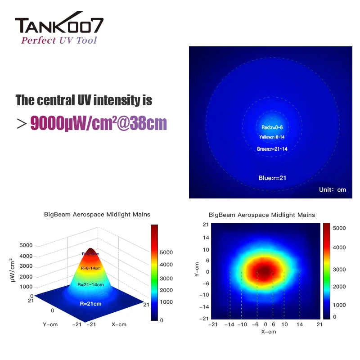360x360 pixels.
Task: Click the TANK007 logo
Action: (x=59, y=26)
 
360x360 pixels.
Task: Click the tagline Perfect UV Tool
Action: (x=59, y=40)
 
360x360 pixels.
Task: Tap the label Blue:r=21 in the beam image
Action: (x=272, y=178)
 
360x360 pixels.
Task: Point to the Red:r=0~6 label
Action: (x=272, y=127)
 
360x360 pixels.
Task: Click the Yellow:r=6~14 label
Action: (x=272, y=137)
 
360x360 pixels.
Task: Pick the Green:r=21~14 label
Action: (x=272, y=149)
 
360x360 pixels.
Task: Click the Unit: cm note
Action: (x=333, y=189)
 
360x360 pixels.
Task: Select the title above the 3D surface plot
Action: (x=97, y=215)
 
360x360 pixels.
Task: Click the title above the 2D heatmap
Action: (x=262, y=215)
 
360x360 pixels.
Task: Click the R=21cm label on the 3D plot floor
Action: (x=90, y=304)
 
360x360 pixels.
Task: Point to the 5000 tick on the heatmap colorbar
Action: (x=339, y=228)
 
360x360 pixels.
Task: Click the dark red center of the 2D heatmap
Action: (x=265, y=271)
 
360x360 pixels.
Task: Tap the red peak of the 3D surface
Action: (x=91, y=252)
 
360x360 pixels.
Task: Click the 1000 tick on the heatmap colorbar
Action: (x=339, y=305)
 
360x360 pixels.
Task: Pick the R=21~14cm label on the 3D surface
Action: (x=90, y=284)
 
